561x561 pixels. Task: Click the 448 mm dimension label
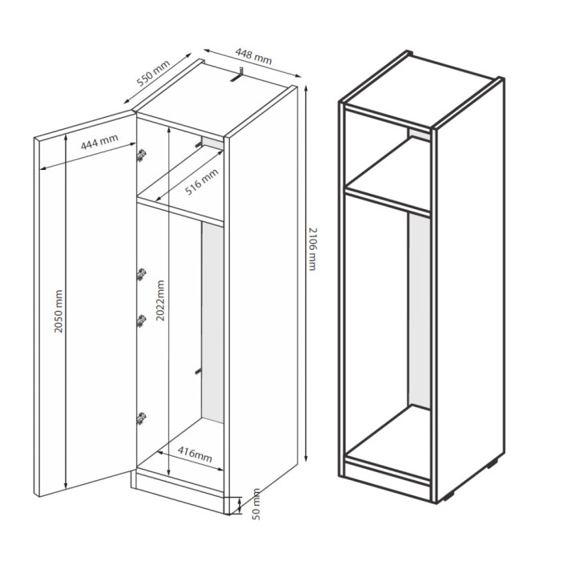(254, 56)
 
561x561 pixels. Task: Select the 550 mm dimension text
(154, 74)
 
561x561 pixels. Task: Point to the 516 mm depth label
(201, 182)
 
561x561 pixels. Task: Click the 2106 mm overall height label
(312, 249)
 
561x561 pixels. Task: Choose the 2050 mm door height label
(59, 311)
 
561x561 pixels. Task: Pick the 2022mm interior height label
(160, 301)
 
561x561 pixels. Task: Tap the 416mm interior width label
(195, 454)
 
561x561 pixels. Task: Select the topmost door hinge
(142, 155)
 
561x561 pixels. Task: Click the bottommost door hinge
(142, 418)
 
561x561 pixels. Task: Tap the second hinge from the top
(142, 274)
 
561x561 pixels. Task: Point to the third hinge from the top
(142, 321)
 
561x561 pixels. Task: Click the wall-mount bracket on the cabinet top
(237, 75)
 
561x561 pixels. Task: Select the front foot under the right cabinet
(449, 498)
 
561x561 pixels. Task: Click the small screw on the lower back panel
(198, 371)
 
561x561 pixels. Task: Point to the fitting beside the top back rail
(198, 143)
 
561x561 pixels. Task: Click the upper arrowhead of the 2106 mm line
(306, 88)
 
